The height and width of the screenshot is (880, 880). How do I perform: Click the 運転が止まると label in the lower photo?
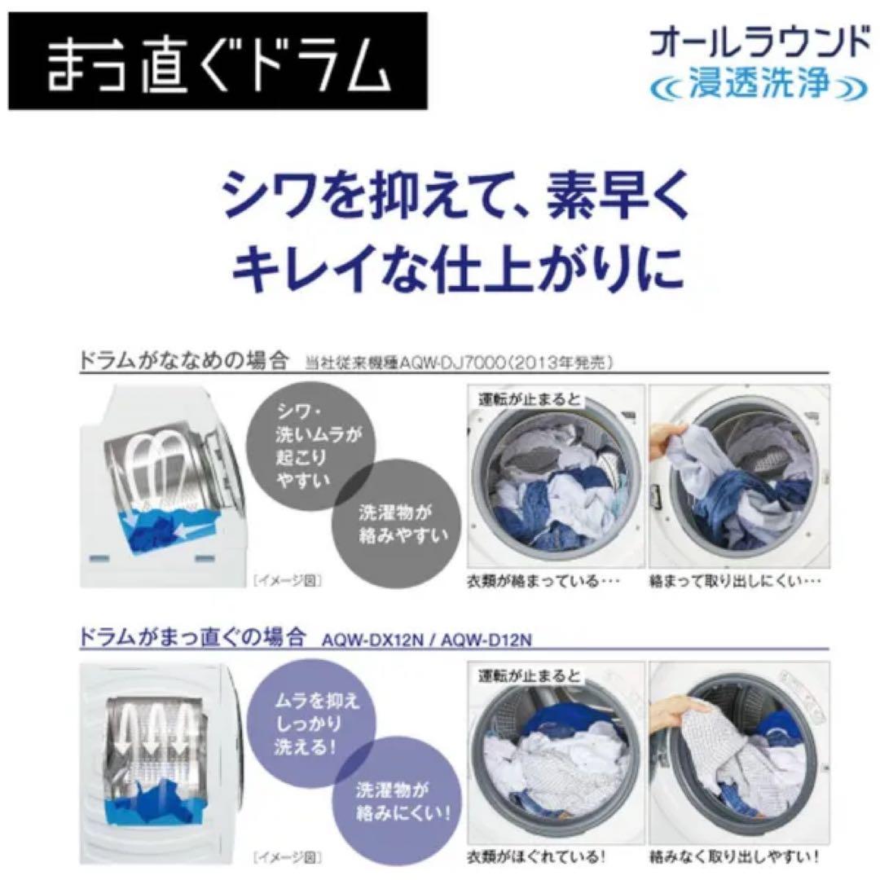(x=526, y=675)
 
